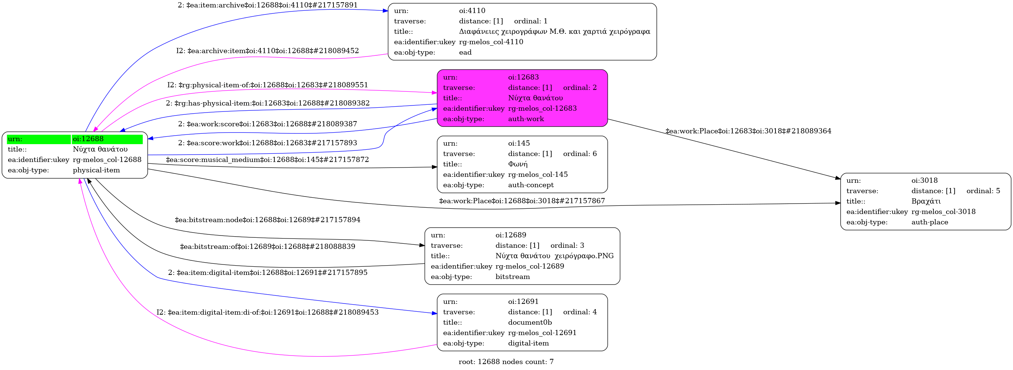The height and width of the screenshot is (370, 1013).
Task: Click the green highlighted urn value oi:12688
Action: tap(88, 139)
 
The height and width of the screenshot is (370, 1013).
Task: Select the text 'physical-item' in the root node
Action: tap(96, 170)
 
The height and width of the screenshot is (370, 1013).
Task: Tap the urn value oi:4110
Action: tap(472, 11)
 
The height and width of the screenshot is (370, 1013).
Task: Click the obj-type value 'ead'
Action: tap(465, 52)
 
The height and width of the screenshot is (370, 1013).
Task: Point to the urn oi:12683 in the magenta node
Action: tap(523, 77)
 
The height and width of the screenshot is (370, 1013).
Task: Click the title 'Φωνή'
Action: tap(517, 164)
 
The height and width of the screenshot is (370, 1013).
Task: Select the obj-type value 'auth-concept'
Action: tap(530, 185)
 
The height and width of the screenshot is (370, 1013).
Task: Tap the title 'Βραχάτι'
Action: tap(926, 201)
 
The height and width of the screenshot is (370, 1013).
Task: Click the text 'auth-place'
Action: tap(930, 222)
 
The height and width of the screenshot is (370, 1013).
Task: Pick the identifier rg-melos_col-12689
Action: tap(529, 266)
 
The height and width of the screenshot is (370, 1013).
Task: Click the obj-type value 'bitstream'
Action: tap(512, 276)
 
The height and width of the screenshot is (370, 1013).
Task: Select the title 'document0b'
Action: tap(530, 322)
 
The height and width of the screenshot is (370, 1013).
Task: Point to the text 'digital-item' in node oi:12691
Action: tap(528, 343)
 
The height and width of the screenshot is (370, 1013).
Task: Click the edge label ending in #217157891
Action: tap(267, 5)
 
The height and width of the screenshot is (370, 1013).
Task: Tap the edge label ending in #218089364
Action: tap(748, 131)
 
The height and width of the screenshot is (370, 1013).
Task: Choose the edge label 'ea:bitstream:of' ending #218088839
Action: tap(267, 247)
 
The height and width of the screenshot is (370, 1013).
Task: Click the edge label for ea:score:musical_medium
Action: tap(267, 159)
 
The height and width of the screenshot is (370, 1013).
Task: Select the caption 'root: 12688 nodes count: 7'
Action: tap(506, 362)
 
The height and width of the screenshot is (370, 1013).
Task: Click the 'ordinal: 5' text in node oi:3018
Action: tap(983, 191)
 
